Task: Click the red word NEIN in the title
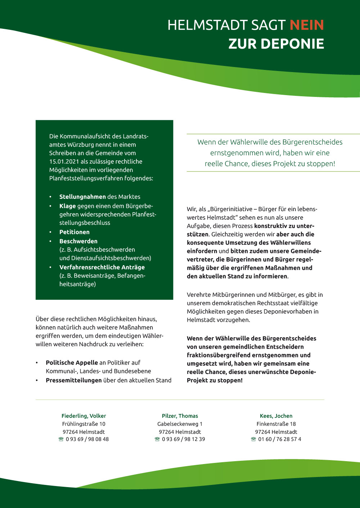pos(307,25)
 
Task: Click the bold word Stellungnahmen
pos(82,197)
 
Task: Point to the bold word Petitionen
pos(74,232)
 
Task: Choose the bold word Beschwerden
pos(78,241)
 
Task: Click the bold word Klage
pos(67,206)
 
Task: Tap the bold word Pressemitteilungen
pos(73,380)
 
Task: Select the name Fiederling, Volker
pos(84,416)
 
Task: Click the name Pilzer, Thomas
pos(180,416)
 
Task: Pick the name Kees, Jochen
pos(276,416)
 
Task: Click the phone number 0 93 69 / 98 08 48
pos(87,439)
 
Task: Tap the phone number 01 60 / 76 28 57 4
pos(280,439)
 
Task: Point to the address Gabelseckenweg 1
pos(180,424)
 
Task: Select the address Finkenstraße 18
pos(276,424)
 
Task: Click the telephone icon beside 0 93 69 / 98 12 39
pos(157,439)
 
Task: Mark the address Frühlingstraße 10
pos(84,424)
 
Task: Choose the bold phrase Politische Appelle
pos(72,362)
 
